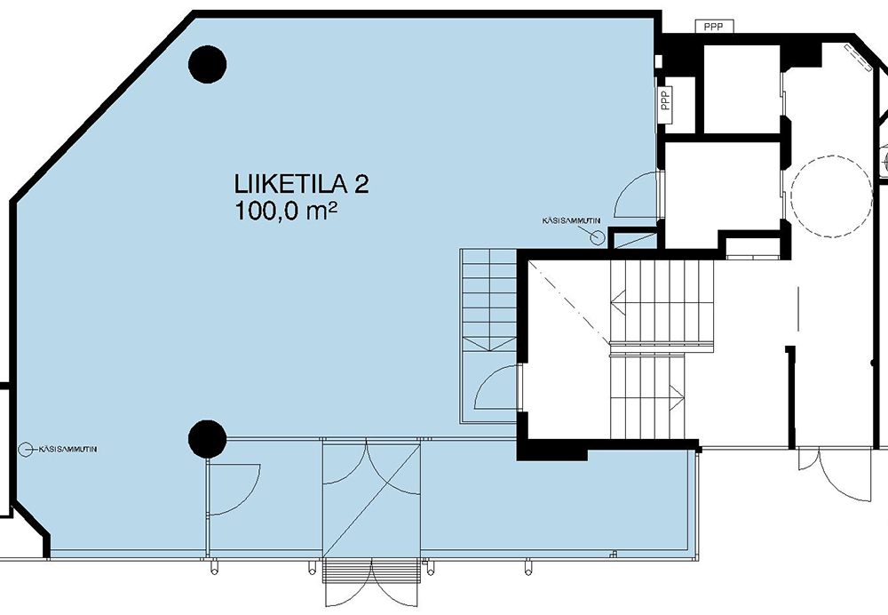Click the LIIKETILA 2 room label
coord(301,184)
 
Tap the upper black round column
coord(207,64)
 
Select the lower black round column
coord(207,439)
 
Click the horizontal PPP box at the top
coord(714,26)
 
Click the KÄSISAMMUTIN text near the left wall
coord(68,449)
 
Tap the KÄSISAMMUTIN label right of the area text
coord(571,220)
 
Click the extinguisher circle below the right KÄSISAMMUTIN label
coord(597,237)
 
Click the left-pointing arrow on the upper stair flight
coord(618,303)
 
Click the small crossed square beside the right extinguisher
coord(632,238)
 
